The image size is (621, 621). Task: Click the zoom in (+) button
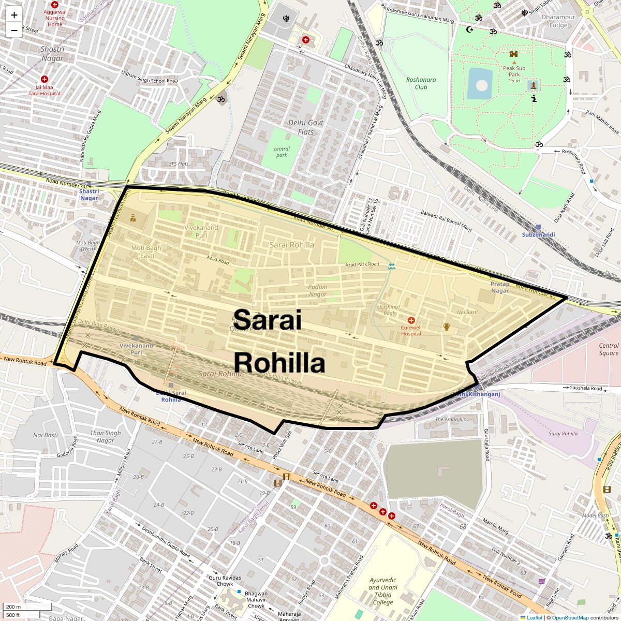pos(14,15)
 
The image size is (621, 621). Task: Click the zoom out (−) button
pos(14,31)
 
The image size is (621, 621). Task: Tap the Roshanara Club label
pos(421,83)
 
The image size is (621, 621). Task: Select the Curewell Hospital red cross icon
pos(411,320)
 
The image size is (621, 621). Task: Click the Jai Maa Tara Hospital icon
pos(45,79)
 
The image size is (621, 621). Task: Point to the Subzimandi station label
pos(538,234)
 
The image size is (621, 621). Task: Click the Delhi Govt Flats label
pos(306,127)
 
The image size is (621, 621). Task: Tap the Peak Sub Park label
pos(514,74)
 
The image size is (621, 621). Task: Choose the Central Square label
pos(609,349)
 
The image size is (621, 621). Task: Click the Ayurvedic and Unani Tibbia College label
pos(383,591)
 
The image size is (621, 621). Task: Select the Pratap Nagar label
pos(500,287)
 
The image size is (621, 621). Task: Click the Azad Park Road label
pos(362,264)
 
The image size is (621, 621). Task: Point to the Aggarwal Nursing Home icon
pos(55,5)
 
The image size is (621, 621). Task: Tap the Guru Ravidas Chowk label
pos(225,581)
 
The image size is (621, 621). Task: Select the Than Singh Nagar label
pos(105,436)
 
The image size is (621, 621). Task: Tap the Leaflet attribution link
pos(535,617)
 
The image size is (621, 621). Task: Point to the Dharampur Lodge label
pos(558,21)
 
